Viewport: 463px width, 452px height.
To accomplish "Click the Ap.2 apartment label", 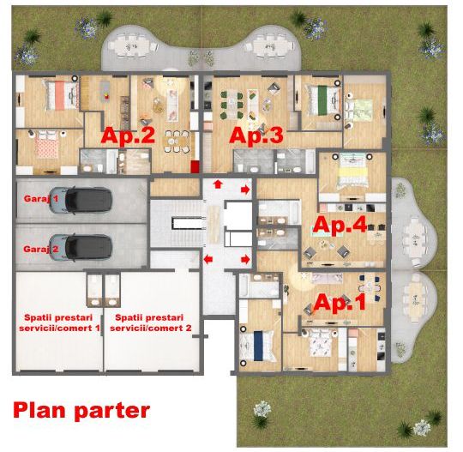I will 128,135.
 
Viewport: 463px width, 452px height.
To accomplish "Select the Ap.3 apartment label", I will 255,135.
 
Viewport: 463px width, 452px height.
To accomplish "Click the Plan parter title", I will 81,410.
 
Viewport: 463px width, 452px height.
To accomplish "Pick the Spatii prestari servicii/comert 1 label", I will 59,322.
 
